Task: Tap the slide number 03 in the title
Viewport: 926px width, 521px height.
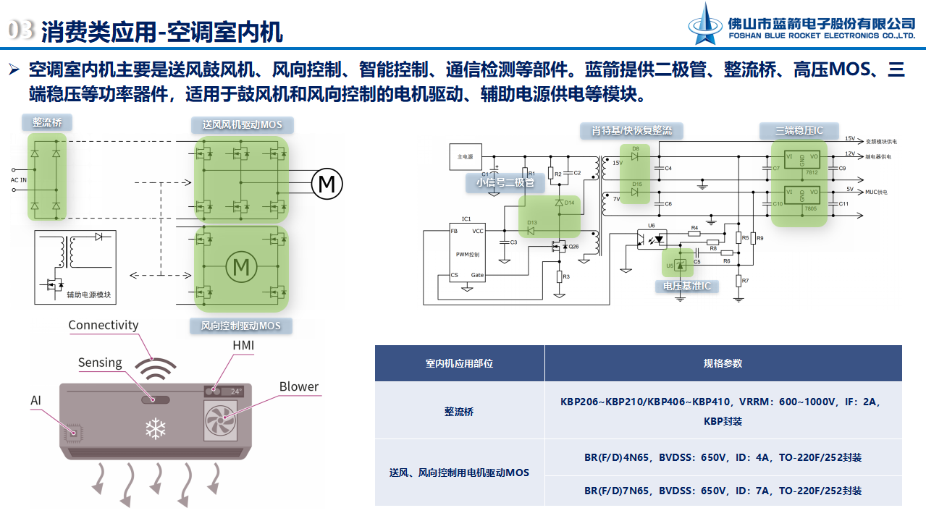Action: (x=21, y=30)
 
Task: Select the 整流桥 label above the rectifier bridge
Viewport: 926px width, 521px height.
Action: (x=46, y=122)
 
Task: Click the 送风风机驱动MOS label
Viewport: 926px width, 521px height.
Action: (x=242, y=125)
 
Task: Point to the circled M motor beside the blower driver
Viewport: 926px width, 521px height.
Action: (x=327, y=184)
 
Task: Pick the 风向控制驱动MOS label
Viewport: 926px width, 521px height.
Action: (x=240, y=326)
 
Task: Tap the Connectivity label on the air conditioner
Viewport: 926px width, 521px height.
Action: (x=103, y=326)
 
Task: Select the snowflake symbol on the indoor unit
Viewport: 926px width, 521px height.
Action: (x=155, y=429)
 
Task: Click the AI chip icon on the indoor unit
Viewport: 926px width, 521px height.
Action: (x=72, y=433)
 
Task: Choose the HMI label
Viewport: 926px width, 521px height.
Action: (x=243, y=346)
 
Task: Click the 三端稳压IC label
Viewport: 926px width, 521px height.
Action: (x=799, y=131)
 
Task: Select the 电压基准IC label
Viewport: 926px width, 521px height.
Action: (x=686, y=286)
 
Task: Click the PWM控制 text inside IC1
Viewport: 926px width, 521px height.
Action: (x=468, y=255)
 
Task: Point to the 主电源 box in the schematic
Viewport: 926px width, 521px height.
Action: (x=465, y=156)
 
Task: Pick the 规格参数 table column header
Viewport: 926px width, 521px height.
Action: (x=723, y=363)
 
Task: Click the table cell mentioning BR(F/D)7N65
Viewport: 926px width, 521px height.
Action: (x=723, y=491)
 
